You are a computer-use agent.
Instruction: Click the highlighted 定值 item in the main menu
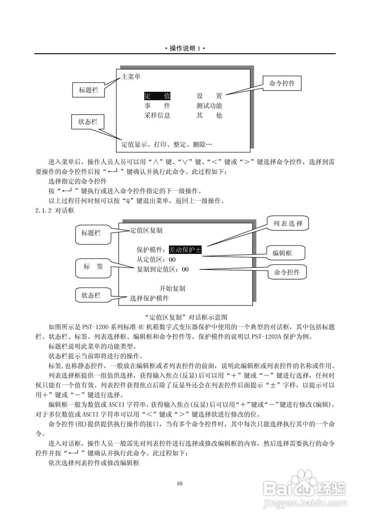(x=157, y=96)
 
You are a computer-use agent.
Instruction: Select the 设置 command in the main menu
(x=209, y=96)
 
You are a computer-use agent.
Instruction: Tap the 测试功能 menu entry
(x=209, y=106)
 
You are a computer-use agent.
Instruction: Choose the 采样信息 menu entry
(x=157, y=115)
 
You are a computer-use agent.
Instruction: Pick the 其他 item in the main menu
(x=209, y=115)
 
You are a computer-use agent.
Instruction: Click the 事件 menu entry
(x=157, y=106)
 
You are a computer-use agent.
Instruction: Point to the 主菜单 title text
(x=131, y=77)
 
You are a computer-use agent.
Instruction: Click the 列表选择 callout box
(x=288, y=224)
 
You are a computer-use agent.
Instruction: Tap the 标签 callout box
(x=93, y=267)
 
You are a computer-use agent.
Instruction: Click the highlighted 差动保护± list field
(x=185, y=249)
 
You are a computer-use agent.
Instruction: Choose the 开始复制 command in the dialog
(x=172, y=289)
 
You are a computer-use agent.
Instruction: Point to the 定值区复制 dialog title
(x=146, y=230)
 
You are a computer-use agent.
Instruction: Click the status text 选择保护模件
(x=149, y=298)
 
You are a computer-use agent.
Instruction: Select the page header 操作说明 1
(x=185, y=48)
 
